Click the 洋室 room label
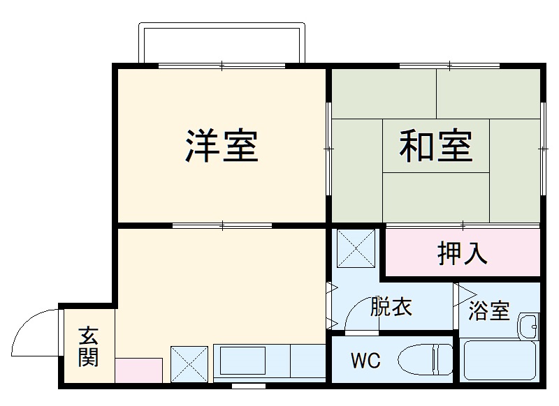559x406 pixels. (222, 146)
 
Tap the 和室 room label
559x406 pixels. (436, 146)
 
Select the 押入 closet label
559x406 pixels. (462, 255)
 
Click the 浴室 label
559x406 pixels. (488, 311)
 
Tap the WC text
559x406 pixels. (365, 361)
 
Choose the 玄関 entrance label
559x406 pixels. (89, 347)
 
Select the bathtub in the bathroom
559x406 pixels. (500, 360)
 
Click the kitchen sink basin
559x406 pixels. (242, 362)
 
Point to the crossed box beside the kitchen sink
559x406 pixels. (189, 362)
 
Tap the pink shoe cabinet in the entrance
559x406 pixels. (138, 370)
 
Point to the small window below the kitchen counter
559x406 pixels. (248, 385)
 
